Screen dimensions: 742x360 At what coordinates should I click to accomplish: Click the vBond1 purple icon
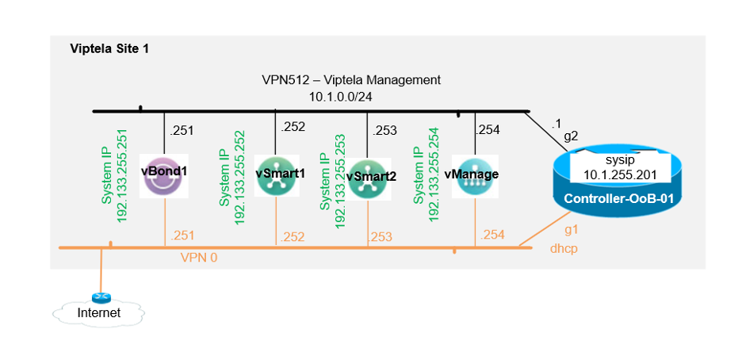pyautogui.click(x=164, y=176)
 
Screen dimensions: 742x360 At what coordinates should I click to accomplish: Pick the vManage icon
pyautogui.click(x=475, y=176)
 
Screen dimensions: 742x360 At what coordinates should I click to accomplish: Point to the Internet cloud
pyautogui.click(x=98, y=312)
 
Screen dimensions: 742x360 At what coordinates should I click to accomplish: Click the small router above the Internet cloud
pyautogui.click(x=101, y=297)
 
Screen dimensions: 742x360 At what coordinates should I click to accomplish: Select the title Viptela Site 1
pyautogui.click(x=109, y=48)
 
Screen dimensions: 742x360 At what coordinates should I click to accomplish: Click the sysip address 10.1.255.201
pyautogui.click(x=620, y=174)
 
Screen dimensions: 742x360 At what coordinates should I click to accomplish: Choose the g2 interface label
pyautogui.click(x=572, y=137)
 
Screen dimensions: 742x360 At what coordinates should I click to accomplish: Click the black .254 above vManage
pyautogui.click(x=487, y=130)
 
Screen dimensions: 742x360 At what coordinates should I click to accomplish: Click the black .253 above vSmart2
pyautogui.click(x=384, y=131)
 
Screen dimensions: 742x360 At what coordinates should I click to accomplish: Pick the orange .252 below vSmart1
pyautogui.click(x=292, y=237)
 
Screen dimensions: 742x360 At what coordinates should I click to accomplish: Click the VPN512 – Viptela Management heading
pyautogui.click(x=351, y=80)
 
